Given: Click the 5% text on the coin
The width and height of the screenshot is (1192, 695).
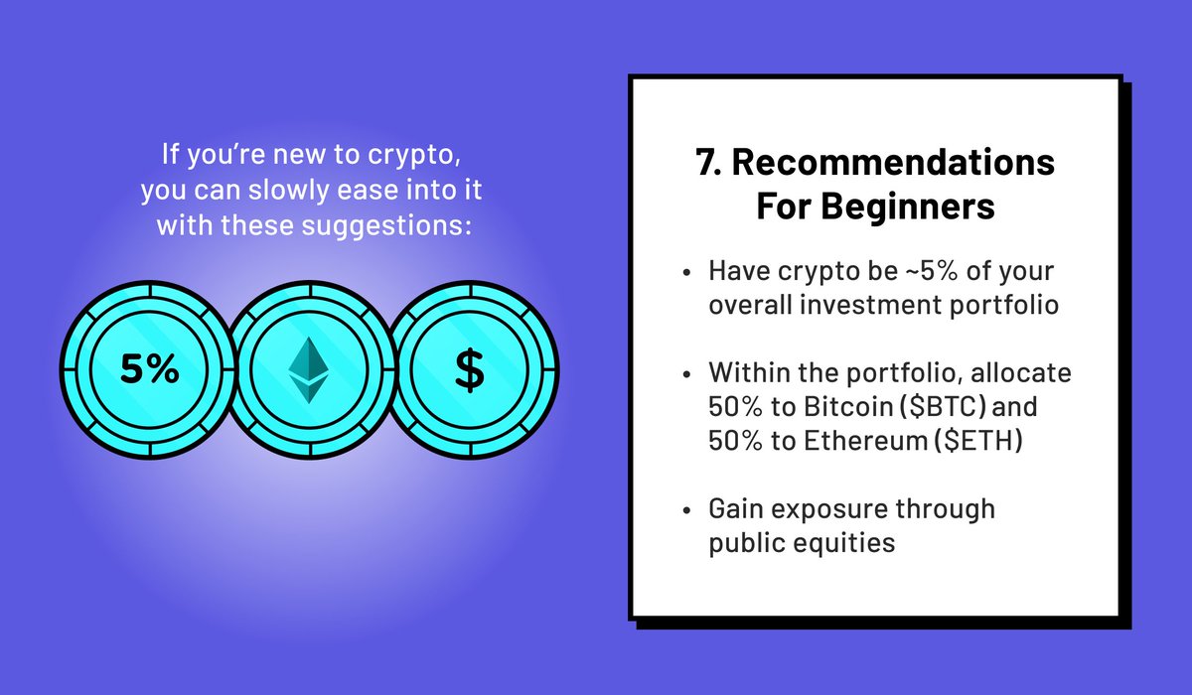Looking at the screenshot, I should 149,370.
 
